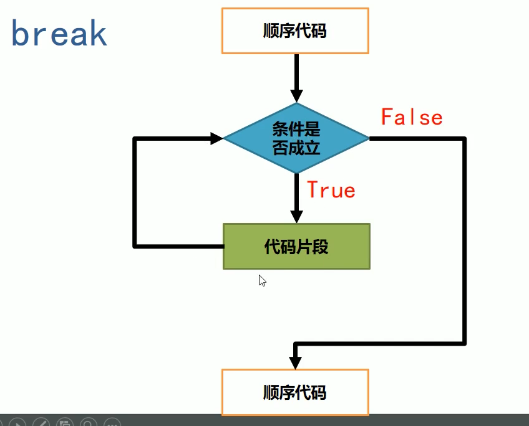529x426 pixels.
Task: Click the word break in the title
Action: pos(59,34)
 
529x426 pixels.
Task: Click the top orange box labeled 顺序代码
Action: pos(295,31)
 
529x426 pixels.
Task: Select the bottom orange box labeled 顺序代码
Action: pos(295,392)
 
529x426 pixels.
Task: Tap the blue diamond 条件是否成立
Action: pos(296,138)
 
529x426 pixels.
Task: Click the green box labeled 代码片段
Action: pos(296,247)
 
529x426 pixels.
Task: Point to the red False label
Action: pos(412,117)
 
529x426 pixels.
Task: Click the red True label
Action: pos(331,190)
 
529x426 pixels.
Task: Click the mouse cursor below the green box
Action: pos(262,280)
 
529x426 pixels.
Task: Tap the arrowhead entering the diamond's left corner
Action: pos(216,138)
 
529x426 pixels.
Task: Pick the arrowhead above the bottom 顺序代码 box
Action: pos(296,362)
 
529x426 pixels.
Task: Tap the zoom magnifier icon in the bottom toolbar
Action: pos(89,422)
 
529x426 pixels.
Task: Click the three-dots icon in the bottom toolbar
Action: pos(112,422)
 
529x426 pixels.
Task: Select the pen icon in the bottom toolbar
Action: pos(41,422)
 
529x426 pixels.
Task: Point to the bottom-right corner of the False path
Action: pos(464,343)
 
